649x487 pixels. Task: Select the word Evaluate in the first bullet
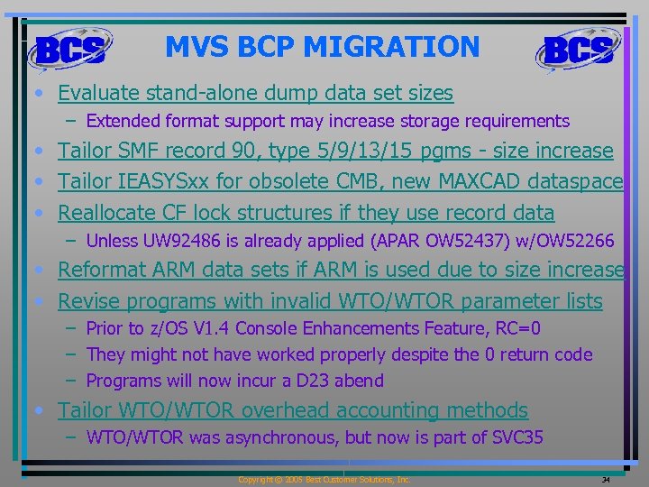click(x=97, y=93)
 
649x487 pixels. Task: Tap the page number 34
click(x=606, y=480)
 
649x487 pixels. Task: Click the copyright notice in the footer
click(x=324, y=480)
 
